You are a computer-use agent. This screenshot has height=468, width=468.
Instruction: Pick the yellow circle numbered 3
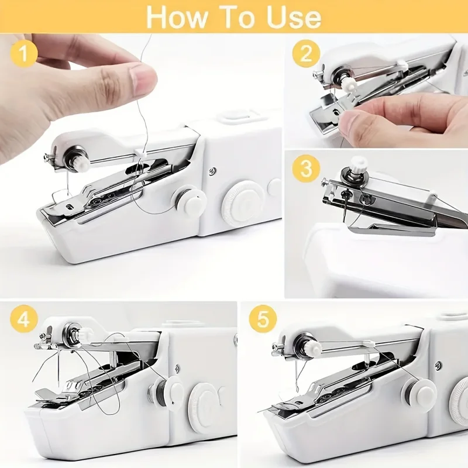tap(307, 170)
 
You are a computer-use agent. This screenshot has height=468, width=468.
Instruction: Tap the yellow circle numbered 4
tap(23, 321)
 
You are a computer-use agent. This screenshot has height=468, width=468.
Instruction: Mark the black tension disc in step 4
tap(75, 335)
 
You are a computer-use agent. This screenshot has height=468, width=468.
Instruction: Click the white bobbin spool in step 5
tap(418, 391)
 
